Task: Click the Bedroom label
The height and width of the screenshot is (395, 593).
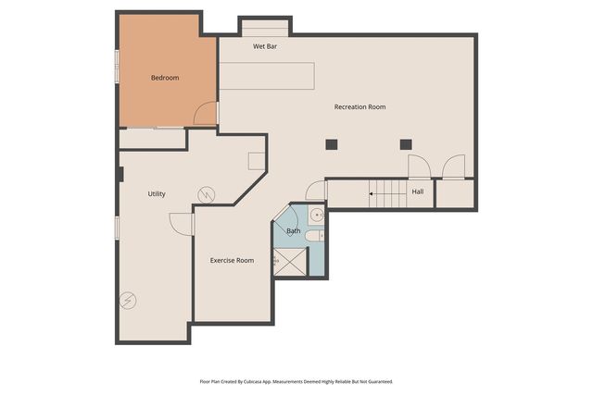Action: (165, 78)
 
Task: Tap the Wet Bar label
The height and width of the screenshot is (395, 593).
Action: (265, 45)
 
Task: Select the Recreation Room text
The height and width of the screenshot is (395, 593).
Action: (360, 107)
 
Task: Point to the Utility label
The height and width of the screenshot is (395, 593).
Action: (157, 193)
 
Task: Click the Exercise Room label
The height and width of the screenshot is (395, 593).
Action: (232, 260)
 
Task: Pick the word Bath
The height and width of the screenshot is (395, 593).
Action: (293, 230)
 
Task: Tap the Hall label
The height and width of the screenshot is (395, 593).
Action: (418, 191)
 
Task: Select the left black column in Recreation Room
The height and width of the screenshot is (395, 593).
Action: (331, 143)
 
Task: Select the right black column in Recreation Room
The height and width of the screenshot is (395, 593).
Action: (405, 143)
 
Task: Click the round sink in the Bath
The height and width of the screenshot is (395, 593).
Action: (316, 215)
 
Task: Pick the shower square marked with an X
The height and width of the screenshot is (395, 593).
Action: (294, 262)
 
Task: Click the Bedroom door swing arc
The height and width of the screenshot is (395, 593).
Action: (204, 115)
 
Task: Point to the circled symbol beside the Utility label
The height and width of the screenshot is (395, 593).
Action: (206, 194)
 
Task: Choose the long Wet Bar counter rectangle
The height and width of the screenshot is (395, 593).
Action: (267, 75)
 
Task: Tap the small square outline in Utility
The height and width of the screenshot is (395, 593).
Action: (256, 160)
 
